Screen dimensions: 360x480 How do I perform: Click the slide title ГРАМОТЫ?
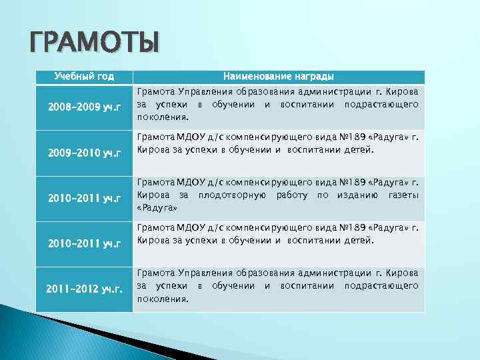[x=94, y=44]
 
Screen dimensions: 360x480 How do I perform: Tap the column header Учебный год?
[x=84, y=77]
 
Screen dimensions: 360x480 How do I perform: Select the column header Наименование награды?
[x=279, y=77]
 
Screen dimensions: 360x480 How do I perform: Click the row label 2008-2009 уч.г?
[x=84, y=107]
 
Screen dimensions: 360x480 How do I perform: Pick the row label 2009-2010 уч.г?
[x=84, y=154]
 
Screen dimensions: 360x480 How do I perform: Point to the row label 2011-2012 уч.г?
[x=84, y=289]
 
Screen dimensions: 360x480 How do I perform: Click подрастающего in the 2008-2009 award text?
[x=381, y=105]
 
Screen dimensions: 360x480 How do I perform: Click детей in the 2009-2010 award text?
[x=361, y=149]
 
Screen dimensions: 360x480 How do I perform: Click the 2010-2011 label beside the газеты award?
[x=84, y=197]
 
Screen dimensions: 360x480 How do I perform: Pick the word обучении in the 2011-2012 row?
[x=233, y=285]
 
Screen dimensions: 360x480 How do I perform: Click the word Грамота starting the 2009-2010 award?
[x=155, y=137]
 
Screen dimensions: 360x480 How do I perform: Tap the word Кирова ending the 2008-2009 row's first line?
[x=402, y=91]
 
